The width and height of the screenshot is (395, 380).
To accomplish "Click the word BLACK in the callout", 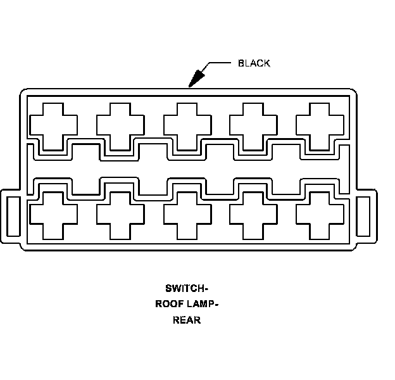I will pos(254,63).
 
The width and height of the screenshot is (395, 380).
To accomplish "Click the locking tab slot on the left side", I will pos(12,215).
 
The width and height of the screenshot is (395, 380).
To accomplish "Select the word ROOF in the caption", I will pos(169,303).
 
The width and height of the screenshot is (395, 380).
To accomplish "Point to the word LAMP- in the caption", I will pos(202,303).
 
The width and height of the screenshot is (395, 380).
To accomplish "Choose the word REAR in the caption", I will pos(187,320).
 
